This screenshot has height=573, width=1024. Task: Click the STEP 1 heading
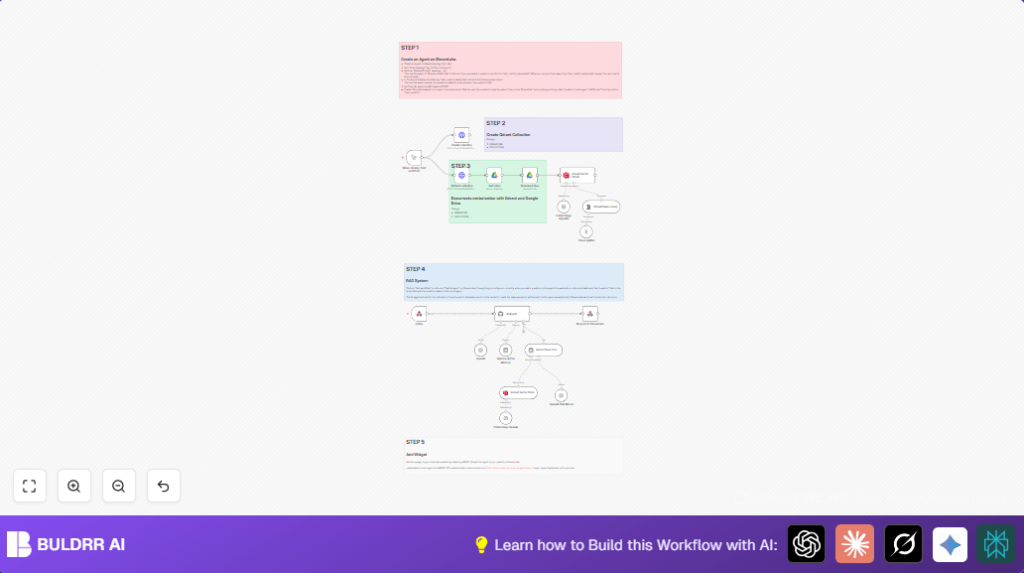(410, 48)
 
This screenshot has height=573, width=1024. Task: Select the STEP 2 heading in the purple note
(496, 123)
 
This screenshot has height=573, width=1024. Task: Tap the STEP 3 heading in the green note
(461, 166)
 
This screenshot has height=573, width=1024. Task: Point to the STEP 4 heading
(415, 269)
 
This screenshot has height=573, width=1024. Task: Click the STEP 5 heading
(415, 441)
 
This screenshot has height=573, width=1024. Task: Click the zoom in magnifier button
(74, 486)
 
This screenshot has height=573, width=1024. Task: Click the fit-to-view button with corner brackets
(29, 486)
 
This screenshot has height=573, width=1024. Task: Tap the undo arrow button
(163, 486)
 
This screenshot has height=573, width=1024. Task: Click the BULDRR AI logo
(66, 544)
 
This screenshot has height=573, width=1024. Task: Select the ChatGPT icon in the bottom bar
(806, 544)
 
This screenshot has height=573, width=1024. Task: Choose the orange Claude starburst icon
(855, 544)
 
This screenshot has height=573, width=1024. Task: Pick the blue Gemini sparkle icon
(950, 544)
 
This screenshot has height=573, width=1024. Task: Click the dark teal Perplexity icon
(996, 544)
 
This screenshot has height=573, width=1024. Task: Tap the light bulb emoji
(481, 545)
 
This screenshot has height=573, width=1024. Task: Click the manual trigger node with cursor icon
(414, 157)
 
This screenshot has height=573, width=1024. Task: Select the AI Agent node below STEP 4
(511, 314)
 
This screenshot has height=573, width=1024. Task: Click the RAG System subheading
(416, 281)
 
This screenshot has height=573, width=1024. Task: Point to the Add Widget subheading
(415, 453)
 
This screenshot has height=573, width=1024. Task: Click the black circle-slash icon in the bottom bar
(903, 544)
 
